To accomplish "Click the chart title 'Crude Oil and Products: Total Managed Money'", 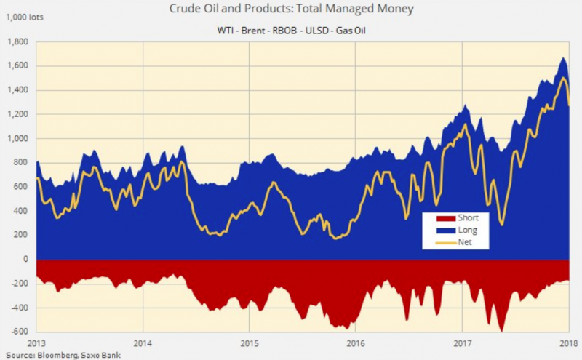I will pos(290,9).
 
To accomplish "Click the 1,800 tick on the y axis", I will pos(18,41).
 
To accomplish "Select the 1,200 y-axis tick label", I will pos(18,114).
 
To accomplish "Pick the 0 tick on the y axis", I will pos(25,260).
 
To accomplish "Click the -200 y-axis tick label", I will pos(20,284).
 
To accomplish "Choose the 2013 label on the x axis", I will pos(36,343).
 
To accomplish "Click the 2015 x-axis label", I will pos(249,343).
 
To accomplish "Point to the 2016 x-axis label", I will pos(356,343).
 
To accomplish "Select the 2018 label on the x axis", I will pos(568,343).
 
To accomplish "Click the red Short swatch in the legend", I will pos(439,217).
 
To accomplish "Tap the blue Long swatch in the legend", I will pos(439,230).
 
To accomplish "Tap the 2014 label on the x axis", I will pos(143,343).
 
